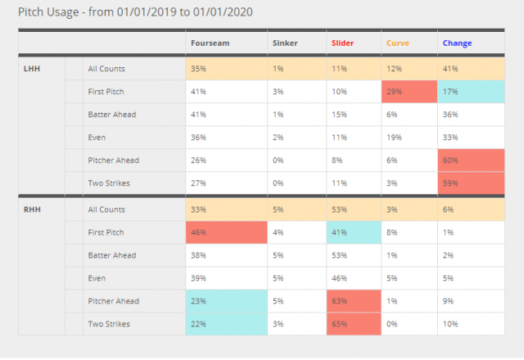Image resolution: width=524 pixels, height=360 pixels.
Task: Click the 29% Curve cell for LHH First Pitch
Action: pyautogui.click(x=409, y=91)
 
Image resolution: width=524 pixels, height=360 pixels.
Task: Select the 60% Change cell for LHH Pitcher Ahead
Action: pyautogui.click(x=472, y=160)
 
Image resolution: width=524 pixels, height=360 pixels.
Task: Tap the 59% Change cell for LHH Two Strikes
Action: pyautogui.click(x=472, y=182)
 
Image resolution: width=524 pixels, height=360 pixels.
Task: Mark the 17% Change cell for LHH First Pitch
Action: pyautogui.click(x=472, y=91)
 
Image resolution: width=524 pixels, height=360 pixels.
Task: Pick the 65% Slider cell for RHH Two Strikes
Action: pyautogui.click(x=353, y=325)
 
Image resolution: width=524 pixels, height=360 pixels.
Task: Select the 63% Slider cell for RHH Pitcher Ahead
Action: pyautogui.click(x=353, y=302)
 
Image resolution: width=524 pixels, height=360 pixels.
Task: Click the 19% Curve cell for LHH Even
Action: pyautogui.click(x=409, y=137)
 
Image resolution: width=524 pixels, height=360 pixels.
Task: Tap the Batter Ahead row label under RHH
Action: pyautogui.click(x=111, y=255)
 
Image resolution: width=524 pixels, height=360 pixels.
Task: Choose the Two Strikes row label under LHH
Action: pyautogui.click(x=110, y=182)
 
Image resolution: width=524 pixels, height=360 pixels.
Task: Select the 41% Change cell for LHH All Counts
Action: pyautogui.click(x=472, y=69)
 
